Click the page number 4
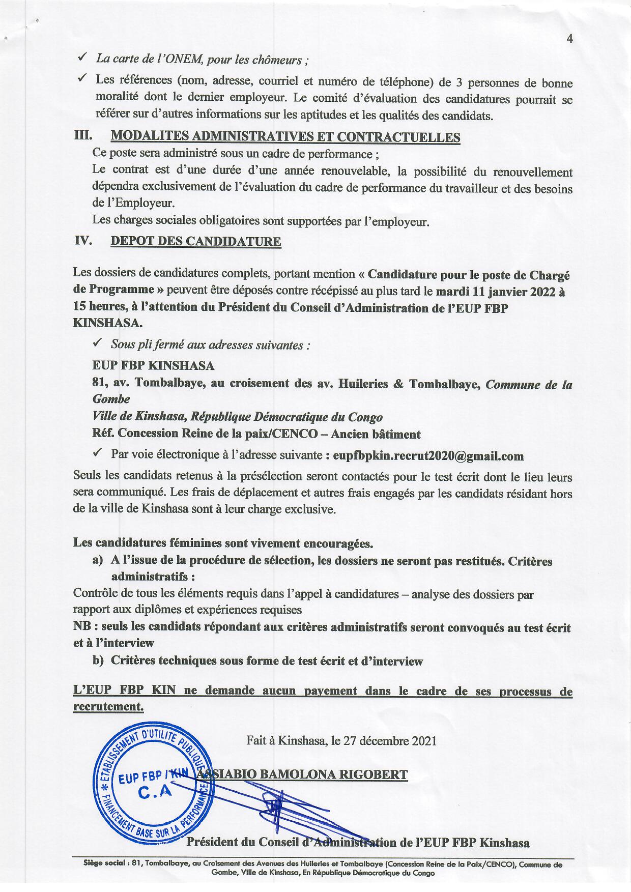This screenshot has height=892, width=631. coord(569,40)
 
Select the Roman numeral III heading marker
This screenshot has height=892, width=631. coord(82,136)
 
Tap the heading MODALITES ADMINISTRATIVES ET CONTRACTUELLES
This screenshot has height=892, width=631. coord(285,137)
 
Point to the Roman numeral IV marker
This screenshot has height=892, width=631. coord(83,241)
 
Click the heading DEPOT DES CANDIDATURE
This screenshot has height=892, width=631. coord(195,242)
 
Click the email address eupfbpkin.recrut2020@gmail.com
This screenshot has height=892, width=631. coord(428,456)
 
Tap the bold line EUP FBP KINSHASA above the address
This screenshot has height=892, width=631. coord(153,366)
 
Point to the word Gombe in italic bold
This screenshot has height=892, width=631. coord(111,399)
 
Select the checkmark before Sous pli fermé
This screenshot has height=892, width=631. coord(99,344)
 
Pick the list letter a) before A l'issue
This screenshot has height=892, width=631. coord(98,561)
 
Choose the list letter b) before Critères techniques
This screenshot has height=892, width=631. coord(98,661)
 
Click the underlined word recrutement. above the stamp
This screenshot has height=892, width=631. coord(108,706)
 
